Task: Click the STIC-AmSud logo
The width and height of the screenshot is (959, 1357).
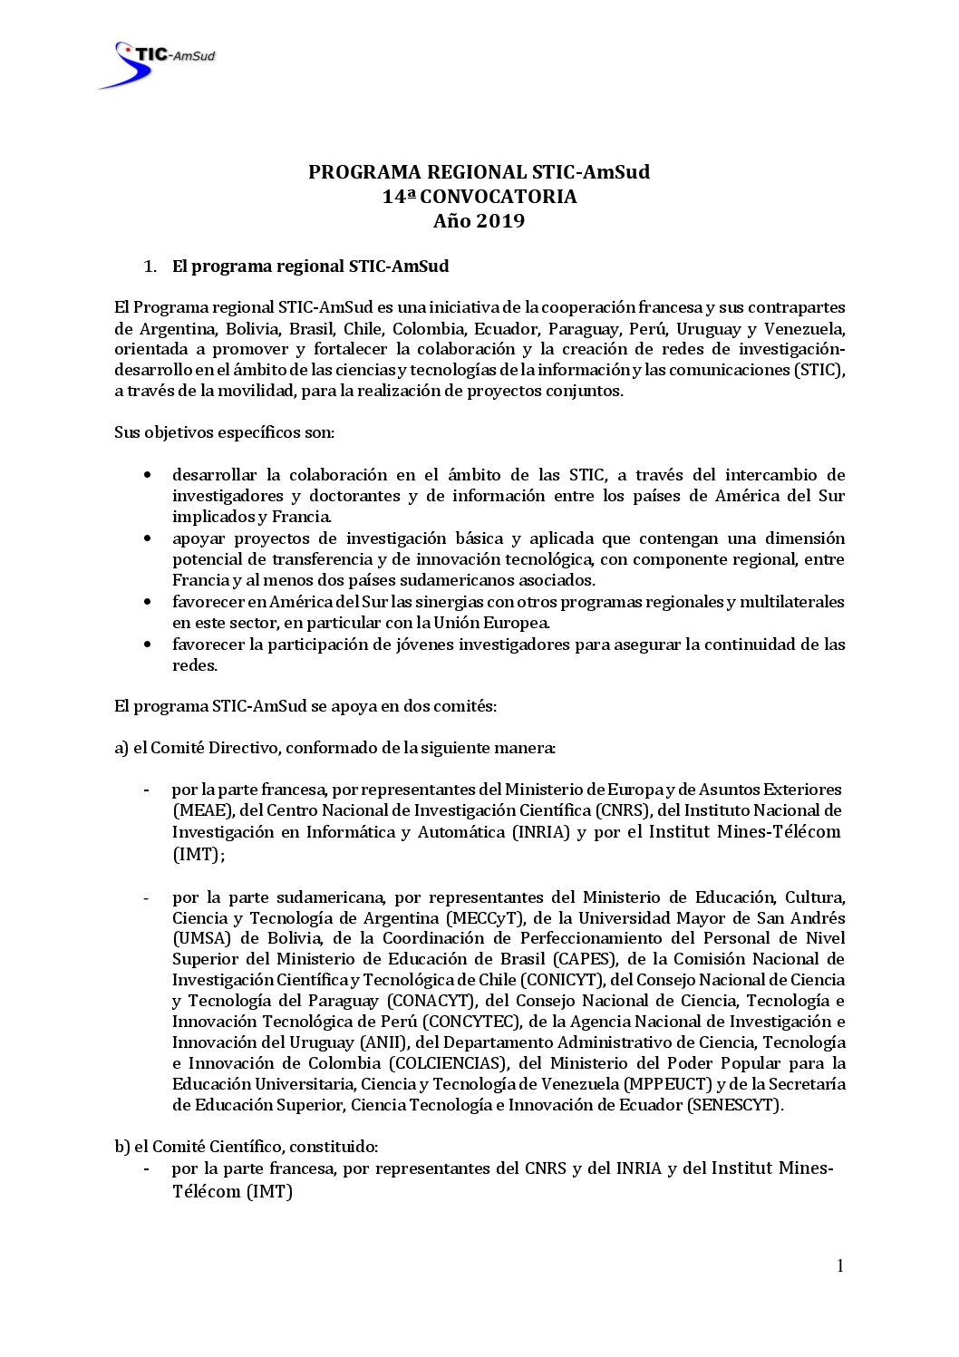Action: (157, 63)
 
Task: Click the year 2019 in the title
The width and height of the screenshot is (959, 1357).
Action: (500, 221)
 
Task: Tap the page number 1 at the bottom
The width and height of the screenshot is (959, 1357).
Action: (840, 1266)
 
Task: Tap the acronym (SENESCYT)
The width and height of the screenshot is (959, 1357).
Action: (735, 1105)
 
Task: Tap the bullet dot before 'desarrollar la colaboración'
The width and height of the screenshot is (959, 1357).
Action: (147, 475)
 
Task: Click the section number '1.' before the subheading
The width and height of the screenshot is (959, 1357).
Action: (150, 267)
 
